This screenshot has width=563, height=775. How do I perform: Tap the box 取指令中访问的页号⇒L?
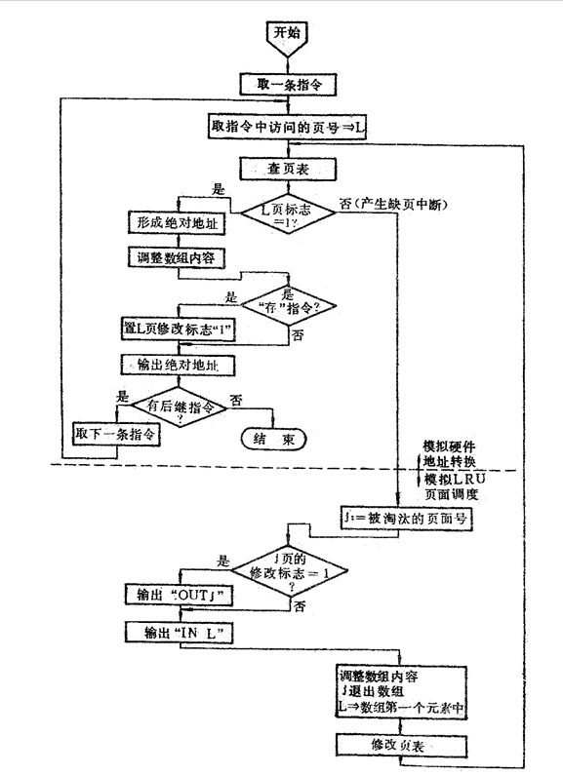[289, 127]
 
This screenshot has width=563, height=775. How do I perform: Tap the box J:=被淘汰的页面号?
[405, 520]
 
